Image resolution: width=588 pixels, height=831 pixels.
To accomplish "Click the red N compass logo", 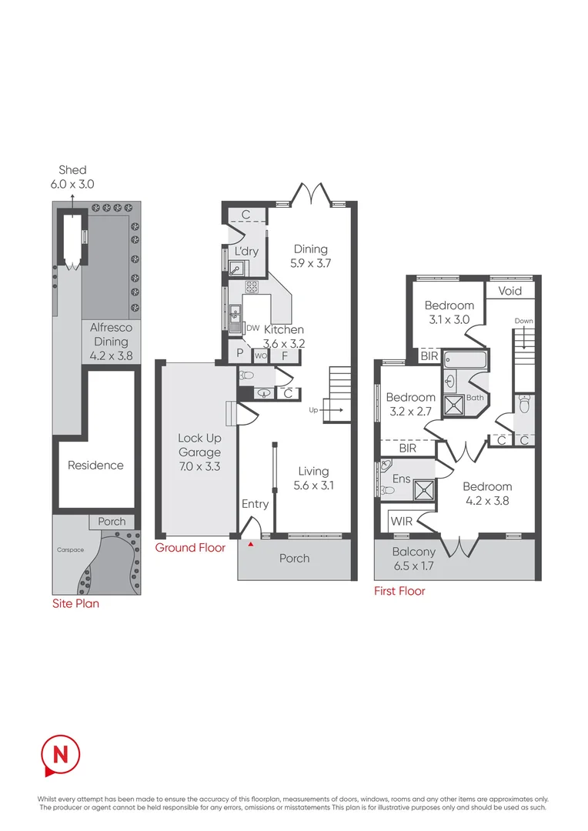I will point(60,754).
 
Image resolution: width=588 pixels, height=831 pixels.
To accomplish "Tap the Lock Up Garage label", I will point(199,452).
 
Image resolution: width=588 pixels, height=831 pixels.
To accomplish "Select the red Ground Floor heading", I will point(190,548).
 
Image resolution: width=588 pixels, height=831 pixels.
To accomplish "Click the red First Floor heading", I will point(399,591).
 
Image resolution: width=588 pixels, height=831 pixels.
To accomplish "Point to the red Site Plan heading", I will point(75,604).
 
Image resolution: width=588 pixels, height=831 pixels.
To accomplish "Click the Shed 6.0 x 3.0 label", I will point(72,176).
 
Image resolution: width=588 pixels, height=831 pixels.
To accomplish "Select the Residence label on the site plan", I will point(95,465).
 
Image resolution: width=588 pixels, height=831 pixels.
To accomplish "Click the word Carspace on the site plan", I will point(69,550).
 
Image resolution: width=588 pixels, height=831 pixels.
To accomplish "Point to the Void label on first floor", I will point(509,291).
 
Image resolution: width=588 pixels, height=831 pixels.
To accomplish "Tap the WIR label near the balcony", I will point(402,522).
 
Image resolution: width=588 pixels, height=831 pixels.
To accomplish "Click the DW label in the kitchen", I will point(252,328).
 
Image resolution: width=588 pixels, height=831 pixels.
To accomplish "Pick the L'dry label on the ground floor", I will point(246,252).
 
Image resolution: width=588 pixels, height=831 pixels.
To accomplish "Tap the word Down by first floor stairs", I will point(523,321).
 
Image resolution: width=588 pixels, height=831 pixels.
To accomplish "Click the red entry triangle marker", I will point(251,545).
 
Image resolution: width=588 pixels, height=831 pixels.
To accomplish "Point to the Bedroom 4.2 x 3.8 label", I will point(487,493).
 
